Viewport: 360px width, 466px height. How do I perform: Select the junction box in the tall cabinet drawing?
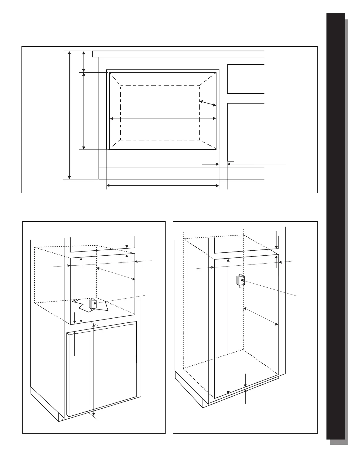click(240, 281)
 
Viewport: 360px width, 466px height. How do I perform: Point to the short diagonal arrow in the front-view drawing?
click(208, 103)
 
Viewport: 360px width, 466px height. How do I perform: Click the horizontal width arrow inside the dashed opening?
click(163, 119)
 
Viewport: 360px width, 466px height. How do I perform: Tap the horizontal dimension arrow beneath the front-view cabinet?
click(163, 186)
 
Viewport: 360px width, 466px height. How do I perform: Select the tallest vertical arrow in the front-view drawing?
click(69, 115)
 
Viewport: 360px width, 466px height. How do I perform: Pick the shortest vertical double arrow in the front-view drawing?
click(84, 61)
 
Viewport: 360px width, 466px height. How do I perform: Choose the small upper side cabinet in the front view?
click(246, 79)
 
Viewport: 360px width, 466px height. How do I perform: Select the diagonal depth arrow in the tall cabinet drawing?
click(261, 316)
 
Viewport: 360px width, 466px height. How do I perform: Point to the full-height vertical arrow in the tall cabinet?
click(229, 327)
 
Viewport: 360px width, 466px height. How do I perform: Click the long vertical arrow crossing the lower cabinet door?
click(94, 368)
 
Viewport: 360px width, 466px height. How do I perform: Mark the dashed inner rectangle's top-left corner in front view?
click(121, 86)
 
